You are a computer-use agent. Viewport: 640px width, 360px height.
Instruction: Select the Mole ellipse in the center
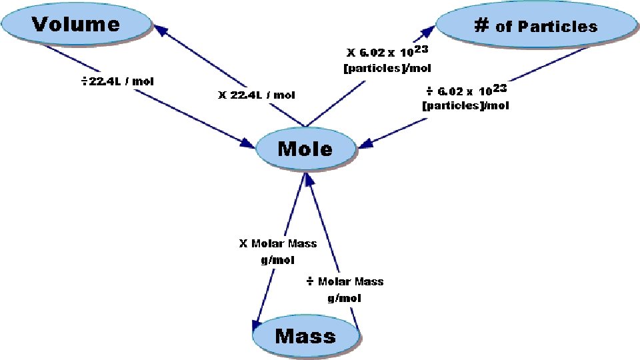pos(305,148)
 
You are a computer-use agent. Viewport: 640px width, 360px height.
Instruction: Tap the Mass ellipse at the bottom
pos(305,336)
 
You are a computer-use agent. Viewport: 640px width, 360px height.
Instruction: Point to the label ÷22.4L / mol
pos(117,81)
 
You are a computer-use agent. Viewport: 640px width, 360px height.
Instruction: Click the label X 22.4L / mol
pos(257,95)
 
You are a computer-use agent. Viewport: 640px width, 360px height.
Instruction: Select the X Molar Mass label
pos(278,244)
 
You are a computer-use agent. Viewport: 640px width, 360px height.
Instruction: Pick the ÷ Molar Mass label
pos(345,281)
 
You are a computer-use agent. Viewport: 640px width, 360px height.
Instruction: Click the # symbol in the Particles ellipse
pos(481,25)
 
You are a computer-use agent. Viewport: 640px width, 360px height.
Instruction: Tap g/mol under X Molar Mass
pos(278,260)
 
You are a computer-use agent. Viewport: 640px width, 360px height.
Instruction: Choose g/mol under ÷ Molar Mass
pos(345,298)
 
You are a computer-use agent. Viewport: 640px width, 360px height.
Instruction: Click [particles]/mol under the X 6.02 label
pos(387,68)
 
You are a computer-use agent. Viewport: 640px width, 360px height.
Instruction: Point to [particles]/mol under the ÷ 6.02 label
pos(465,106)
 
